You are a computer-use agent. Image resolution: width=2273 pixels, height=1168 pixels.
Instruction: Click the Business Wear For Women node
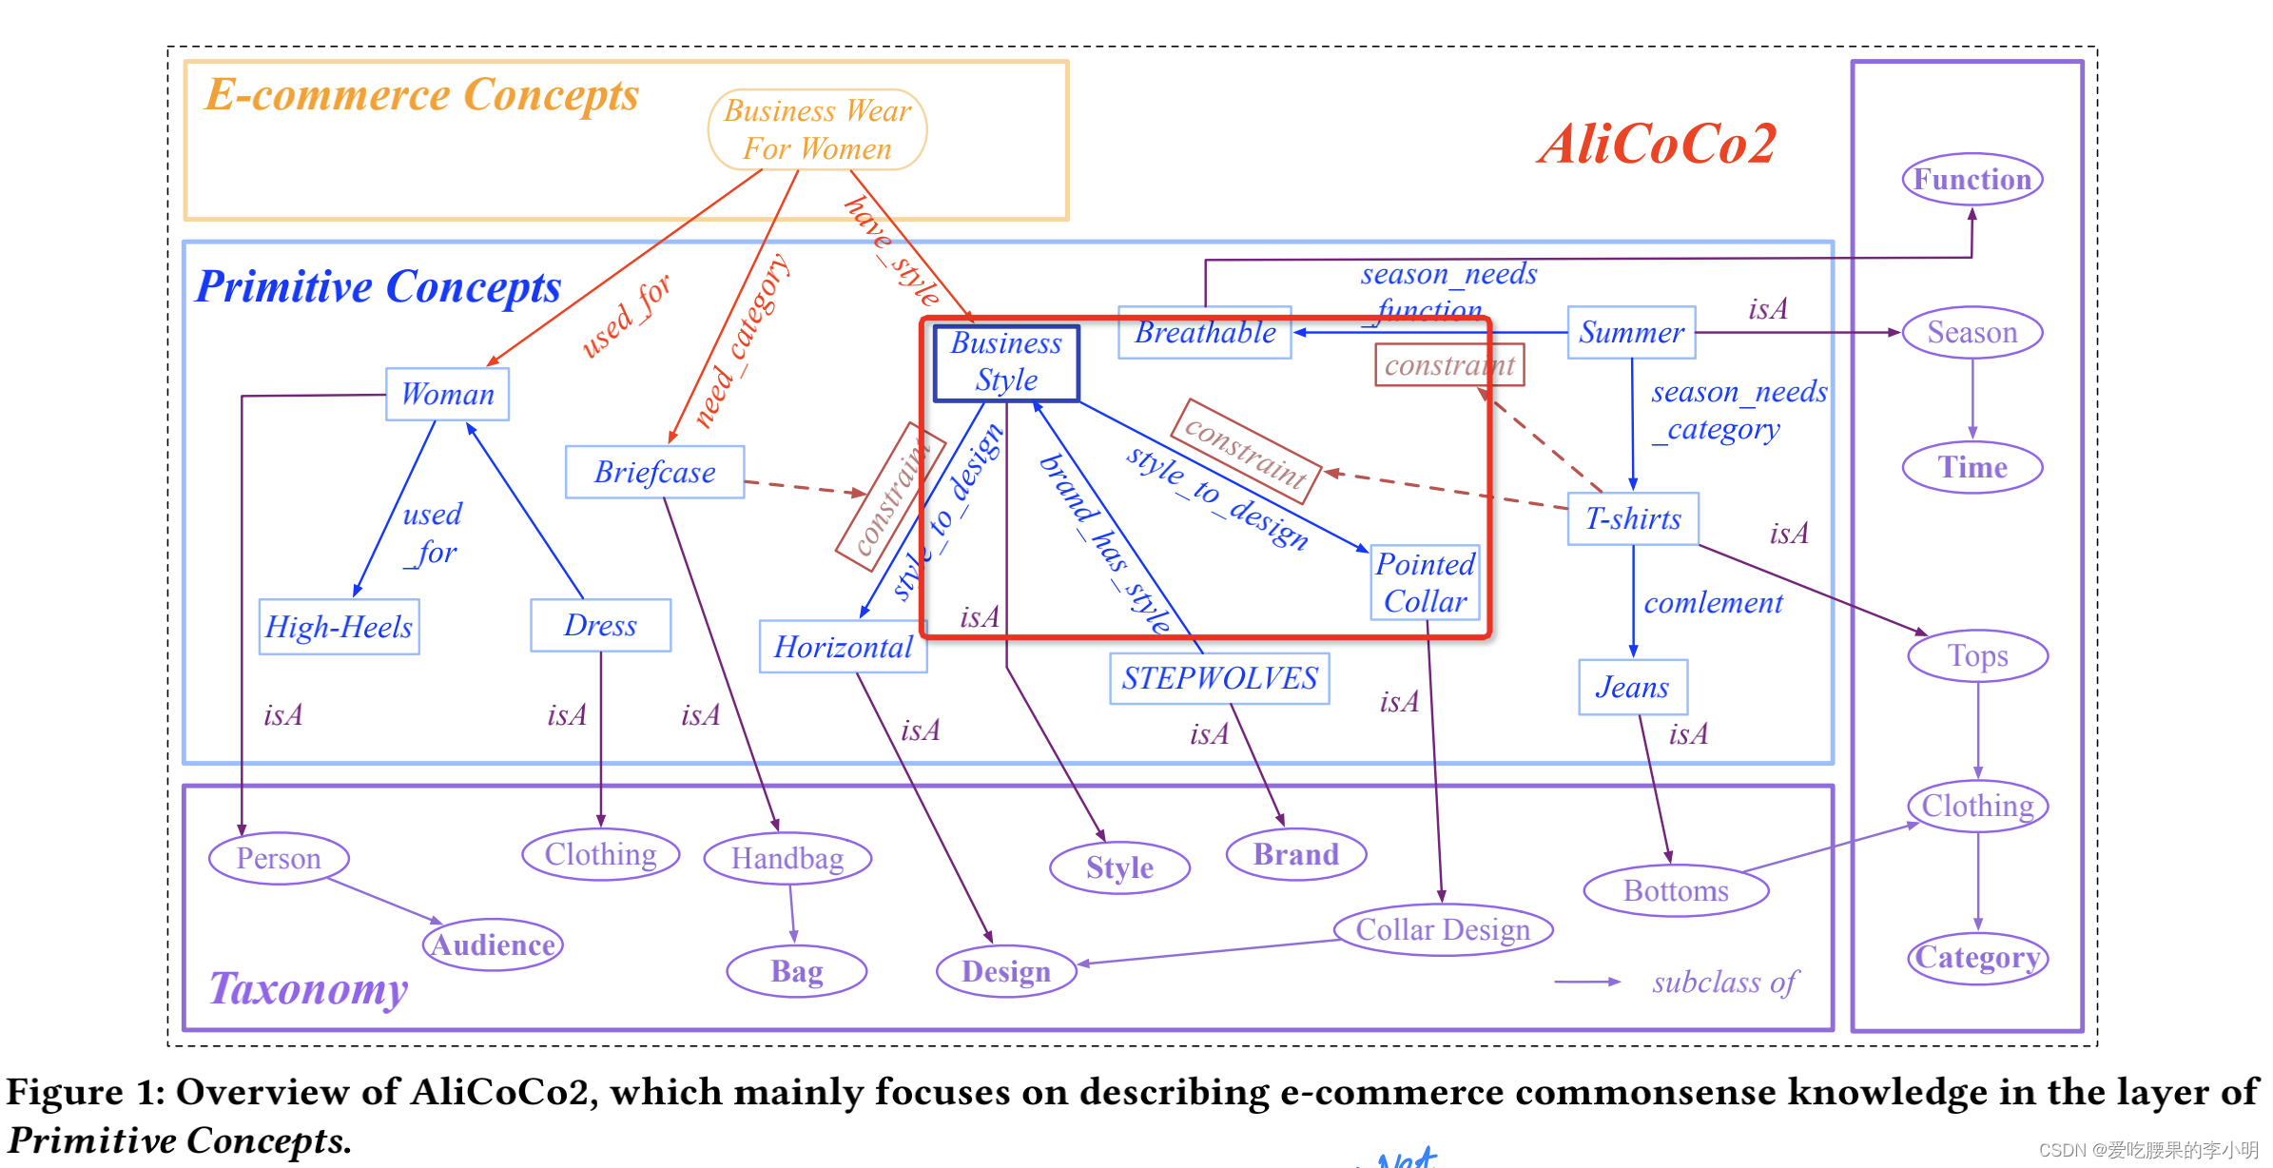(x=817, y=130)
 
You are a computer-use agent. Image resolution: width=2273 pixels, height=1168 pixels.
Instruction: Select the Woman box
(x=447, y=394)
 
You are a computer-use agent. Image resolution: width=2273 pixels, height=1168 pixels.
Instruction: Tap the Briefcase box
(x=654, y=472)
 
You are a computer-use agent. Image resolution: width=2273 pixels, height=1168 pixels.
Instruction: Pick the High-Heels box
(x=339, y=627)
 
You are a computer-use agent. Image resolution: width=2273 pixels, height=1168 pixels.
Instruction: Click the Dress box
(x=600, y=625)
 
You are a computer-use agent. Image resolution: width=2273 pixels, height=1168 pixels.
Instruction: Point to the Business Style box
(x=1006, y=362)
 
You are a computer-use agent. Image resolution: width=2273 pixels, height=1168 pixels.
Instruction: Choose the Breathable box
(x=1204, y=333)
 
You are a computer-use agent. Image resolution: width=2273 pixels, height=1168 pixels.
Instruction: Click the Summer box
(x=1631, y=332)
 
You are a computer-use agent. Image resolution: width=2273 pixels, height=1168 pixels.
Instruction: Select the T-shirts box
(x=1632, y=518)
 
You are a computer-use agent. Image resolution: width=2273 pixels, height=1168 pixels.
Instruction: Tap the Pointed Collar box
(x=1425, y=583)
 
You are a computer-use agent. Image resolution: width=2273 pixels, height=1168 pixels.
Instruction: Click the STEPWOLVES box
(x=1219, y=678)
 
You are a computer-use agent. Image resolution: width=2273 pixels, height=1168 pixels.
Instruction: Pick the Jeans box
(x=1632, y=687)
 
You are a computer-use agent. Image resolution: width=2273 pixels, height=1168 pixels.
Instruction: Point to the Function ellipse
(x=1972, y=179)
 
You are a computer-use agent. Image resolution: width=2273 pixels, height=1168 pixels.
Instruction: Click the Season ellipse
(x=1972, y=332)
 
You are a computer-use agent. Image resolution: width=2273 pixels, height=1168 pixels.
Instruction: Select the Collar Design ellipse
(x=1443, y=929)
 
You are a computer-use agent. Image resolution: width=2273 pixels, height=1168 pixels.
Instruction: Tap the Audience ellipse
(x=493, y=944)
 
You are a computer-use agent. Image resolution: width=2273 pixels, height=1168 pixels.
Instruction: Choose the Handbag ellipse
(x=787, y=858)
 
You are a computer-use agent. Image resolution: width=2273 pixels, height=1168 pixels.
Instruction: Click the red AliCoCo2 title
(x=1658, y=145)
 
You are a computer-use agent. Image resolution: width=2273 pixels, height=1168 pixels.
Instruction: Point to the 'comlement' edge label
(x=1713, y=603)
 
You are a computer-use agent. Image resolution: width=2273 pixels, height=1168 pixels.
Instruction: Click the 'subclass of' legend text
(x=1724, y=983)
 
